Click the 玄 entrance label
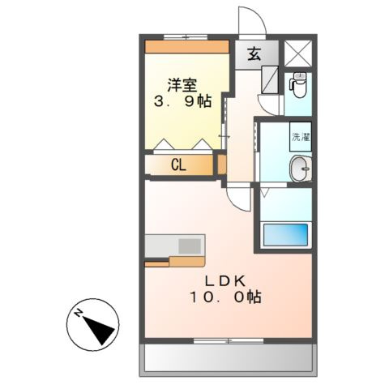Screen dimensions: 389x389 [x=253, y=55]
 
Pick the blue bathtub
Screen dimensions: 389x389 [x=286, y=234]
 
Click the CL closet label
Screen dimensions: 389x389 [x=180, y=165]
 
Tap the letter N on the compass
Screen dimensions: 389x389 [x=79, y=312]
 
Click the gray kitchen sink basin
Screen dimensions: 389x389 [x=190, y=245]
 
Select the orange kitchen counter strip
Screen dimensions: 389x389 [x=174, y=261]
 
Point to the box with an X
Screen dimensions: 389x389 [x=295, y=53]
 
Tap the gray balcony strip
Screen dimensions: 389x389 [x=228, y=357]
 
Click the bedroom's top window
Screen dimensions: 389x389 [x=182, y=37]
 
